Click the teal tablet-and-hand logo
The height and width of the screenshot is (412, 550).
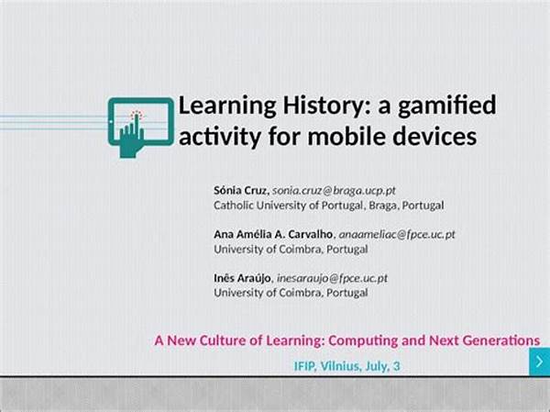pyautogui.click(x=141, y=128)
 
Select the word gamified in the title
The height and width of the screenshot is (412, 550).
pyautogui.click(x=447, y=106)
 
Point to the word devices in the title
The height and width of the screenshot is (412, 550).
pyautogui.click(x=434, y=136)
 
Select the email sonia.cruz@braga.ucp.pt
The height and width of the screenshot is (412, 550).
pyautogui.click(x=334, y=191)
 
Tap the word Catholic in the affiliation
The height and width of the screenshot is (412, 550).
pyautogui.click(x=234, y=206)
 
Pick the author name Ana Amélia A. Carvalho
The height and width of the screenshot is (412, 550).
pyautogui.click(x=273, y=234)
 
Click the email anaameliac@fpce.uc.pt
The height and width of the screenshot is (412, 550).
pyautogui.click(x=397, y=235)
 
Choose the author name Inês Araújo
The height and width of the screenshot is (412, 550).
pyautogui.click(x=242, y=278)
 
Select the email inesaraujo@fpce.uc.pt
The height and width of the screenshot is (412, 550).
pyautogui.click(x=332, y=279)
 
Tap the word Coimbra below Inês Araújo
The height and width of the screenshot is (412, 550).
pyautogui.click(x=301, y=293)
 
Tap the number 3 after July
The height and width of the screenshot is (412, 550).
pyautogui.click(x=396, y=366)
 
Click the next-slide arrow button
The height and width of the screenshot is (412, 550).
pyautogui.click(x=540, y=362)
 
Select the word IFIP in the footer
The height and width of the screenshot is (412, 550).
pyautogui.click(x=305, y=366)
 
